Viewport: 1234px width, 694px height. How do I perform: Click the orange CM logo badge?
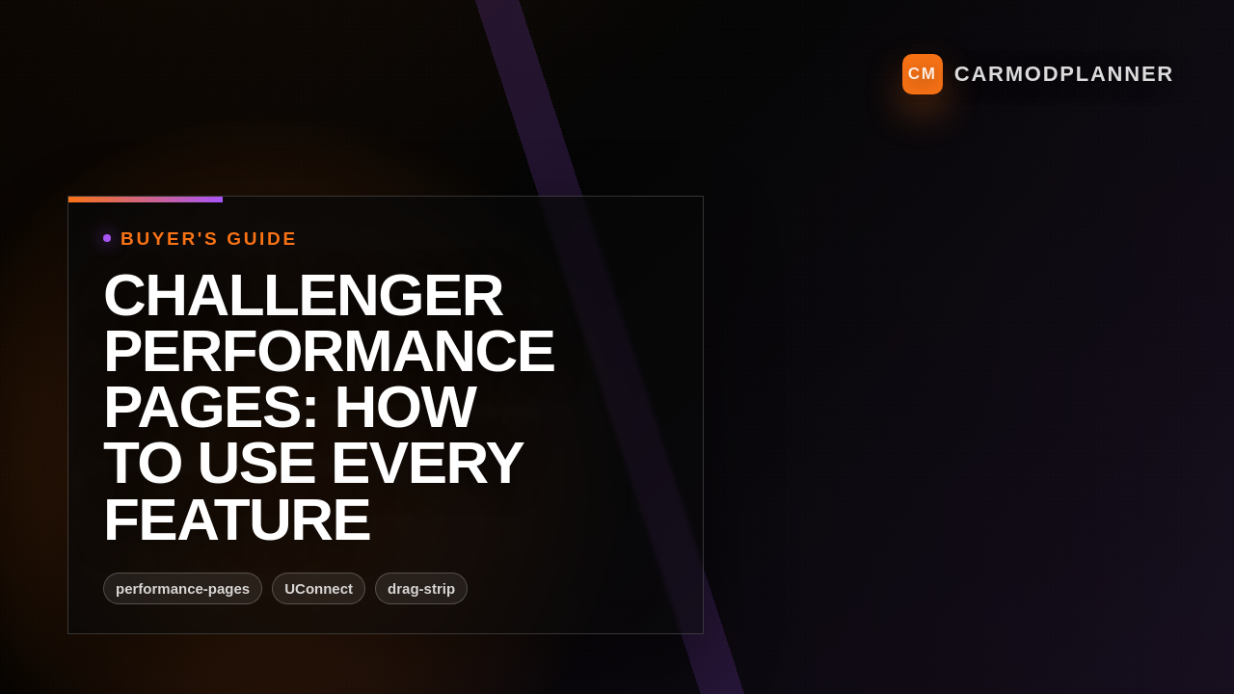click(x=922, y=74)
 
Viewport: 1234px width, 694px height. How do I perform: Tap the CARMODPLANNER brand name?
click(x=1063, y=74)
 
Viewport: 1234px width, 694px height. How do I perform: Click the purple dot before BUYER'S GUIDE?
click(x=107, y=238)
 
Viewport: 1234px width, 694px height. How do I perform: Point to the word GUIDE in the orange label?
click(x=261, y=239)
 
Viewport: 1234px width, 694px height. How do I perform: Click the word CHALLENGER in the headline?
click(x=303, y=295)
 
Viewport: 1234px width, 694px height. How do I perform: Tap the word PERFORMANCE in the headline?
click(x=329, y=351)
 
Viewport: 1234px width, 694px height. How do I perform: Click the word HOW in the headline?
click(x=405, y=407)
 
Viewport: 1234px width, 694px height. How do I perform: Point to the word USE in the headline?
click(x=255, y=463)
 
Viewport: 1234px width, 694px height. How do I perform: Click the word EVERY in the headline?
click(x=426, y=463)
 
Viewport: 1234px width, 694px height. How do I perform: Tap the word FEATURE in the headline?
click(x=236, y=520)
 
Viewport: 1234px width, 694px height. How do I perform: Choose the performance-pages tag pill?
click(x=182, y=589)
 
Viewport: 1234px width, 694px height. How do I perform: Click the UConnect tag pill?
click(x=318, y=589)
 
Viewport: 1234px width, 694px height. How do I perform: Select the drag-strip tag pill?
click(x=421, y=589)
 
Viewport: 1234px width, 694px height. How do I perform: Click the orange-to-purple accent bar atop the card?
click(x=146, y=200)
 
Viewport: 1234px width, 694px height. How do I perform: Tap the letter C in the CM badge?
click(x=915, y=74)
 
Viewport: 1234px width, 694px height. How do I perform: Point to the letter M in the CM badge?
click(x=929, y=74)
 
